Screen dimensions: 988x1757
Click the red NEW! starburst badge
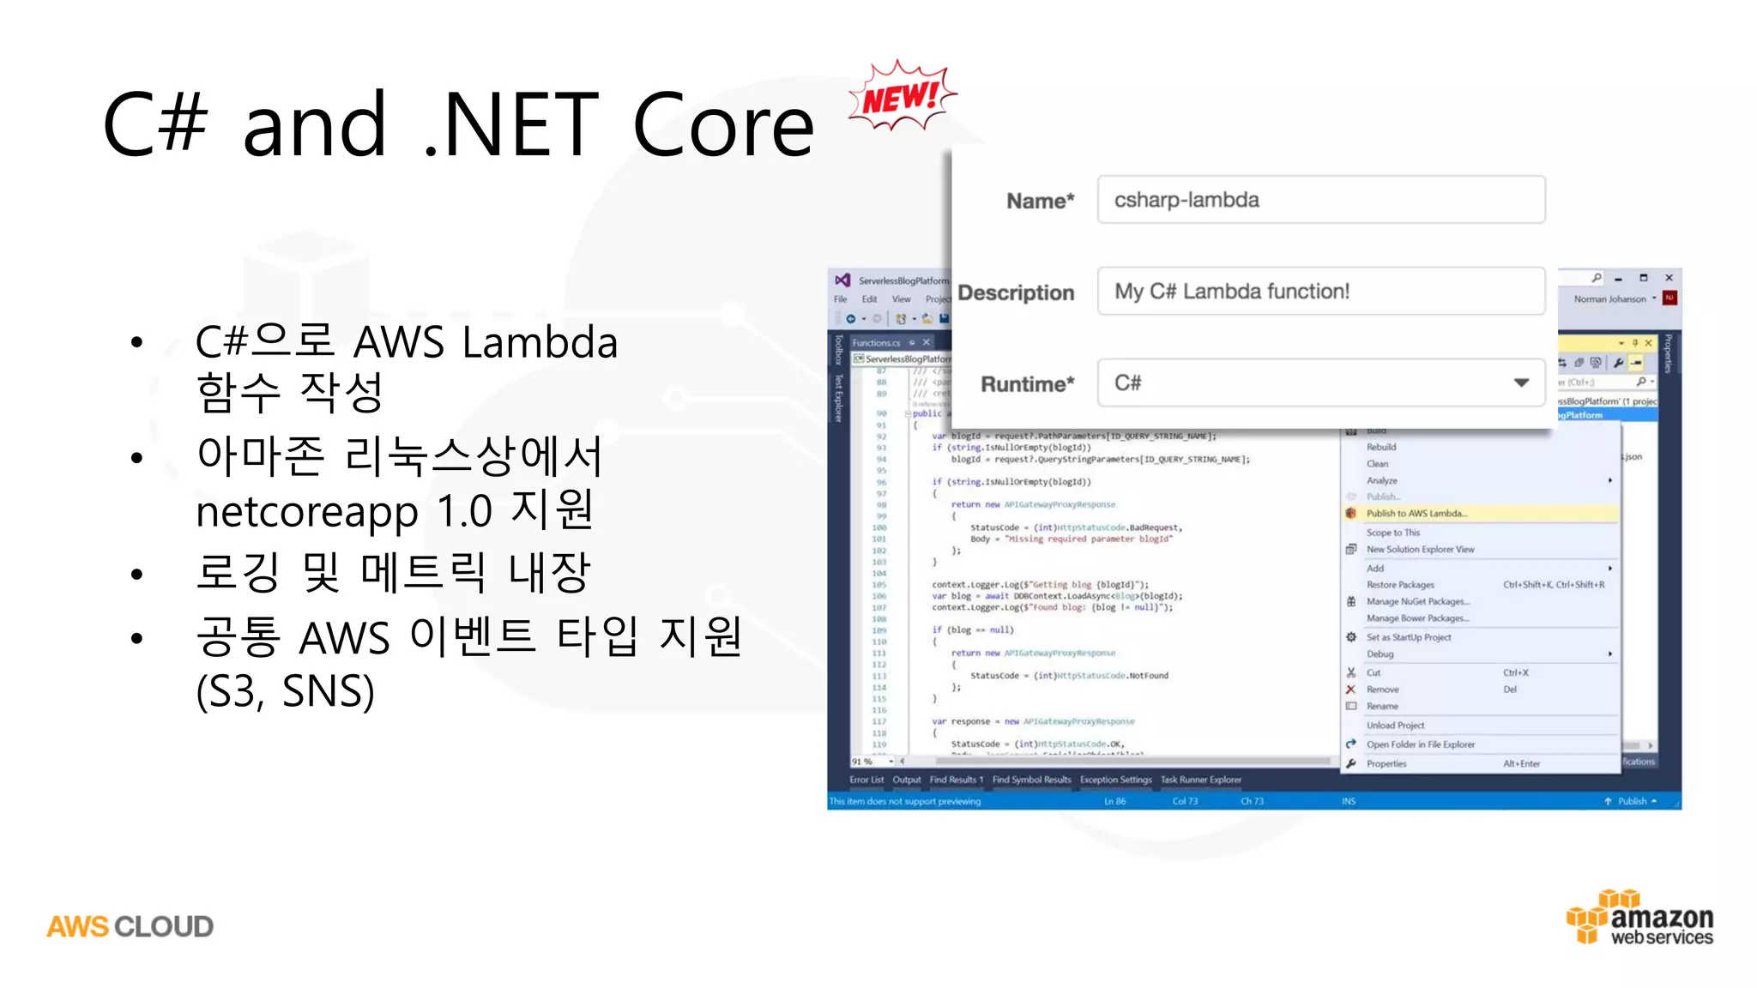pos(901,96)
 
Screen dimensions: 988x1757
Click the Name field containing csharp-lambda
pos(1320,200)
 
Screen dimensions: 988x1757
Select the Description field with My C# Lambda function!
pos(1320,292)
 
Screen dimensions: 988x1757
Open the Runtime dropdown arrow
pos(1521,383)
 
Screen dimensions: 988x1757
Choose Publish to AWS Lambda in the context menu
pos(1416,514)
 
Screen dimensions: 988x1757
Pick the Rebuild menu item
pos(1381,447)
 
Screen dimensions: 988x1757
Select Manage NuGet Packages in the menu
pos(1417,602)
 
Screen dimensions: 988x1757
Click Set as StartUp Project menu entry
pos(1409,637)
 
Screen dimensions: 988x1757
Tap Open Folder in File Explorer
pos(1420,744)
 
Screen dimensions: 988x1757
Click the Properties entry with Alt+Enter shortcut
pos(1386,763)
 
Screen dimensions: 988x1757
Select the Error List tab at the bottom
pos(866,780)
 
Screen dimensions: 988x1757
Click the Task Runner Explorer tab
pos(1200,780)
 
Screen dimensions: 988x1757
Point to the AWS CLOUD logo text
pos(130,926)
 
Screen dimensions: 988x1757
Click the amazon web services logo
pos(1640,918)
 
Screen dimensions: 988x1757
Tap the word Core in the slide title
pos(722,126)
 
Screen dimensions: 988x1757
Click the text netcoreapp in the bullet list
pos(306,511)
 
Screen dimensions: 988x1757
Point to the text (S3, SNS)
pos(285,691)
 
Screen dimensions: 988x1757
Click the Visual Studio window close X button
pos(1669,278)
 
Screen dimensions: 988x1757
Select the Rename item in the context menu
pos(1382,706)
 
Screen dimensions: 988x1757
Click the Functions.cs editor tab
pos(876,342)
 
